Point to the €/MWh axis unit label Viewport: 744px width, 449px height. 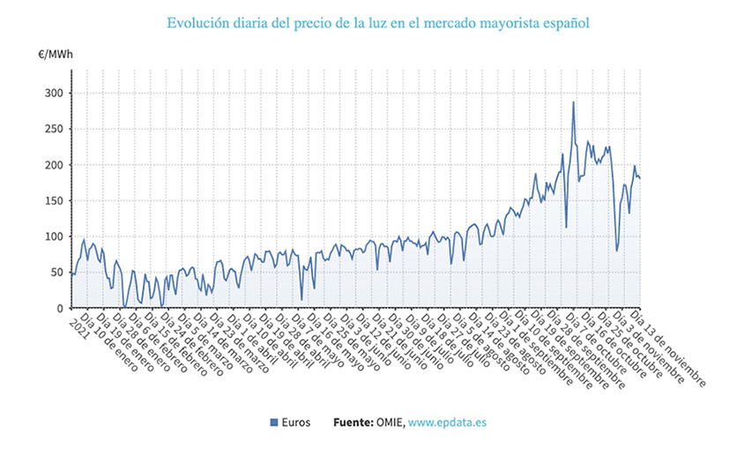click(x=56, y=55)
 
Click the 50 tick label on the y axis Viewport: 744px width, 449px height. click(x=55, y=273)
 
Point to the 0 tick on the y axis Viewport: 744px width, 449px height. click(x=58, y=309)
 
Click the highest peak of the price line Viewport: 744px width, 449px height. click(x=573, y=102)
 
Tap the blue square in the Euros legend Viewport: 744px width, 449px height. click(x=274, y=423)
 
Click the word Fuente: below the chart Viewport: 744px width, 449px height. click(x=354, y=423)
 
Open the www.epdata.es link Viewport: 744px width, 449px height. click(x=448, y=423)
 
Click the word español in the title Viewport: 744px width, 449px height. click(x=564, y=21)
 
